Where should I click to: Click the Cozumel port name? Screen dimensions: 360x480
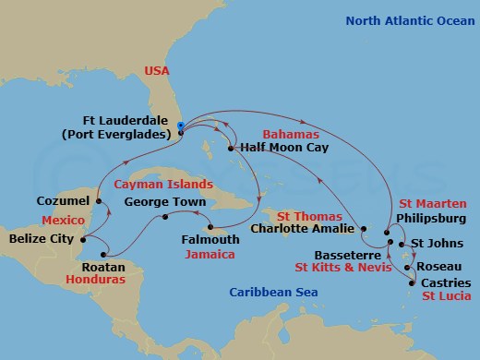point(63,200)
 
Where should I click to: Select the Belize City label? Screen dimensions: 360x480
point(42,237)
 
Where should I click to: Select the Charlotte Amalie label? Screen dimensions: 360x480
point(302,228)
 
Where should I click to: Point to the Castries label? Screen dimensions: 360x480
point(445,282)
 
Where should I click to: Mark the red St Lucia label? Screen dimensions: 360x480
point(445,296)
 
